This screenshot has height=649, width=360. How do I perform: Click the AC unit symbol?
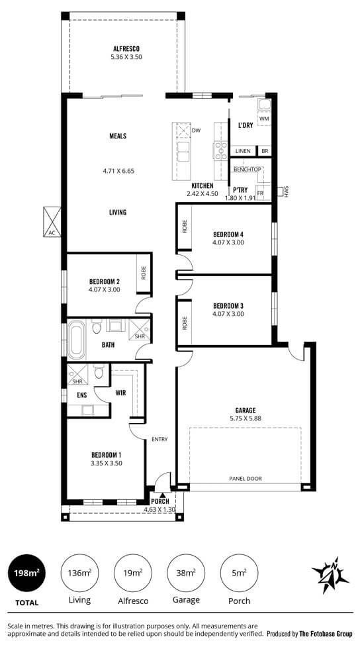[52, 222]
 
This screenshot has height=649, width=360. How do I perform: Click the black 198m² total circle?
[27, 573]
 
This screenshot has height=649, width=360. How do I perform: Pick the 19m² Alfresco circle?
[132, 573]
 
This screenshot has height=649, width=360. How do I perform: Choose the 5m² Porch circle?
[239, 573]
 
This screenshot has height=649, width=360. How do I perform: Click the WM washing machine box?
[264, 119]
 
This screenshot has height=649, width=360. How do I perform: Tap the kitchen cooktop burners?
[220, 151]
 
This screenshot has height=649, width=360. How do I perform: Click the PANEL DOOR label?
[246, 478]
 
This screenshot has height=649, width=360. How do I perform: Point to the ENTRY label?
[159, 439]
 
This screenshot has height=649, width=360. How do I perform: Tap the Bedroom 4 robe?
[184, 227]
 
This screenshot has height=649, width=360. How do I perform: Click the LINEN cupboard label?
[243, 151]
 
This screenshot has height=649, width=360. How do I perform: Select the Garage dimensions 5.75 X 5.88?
[246, 418]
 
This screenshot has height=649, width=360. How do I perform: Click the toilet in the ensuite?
[99, 372]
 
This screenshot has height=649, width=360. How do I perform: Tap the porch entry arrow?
[163, 495]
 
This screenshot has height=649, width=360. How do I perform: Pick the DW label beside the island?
[196, 131]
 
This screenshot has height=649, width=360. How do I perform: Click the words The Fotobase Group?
[326, 634]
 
